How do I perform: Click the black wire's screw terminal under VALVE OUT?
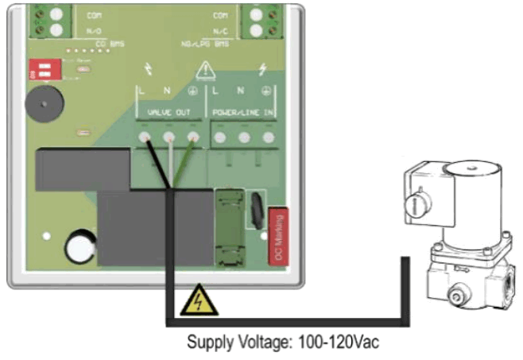coord(146,138)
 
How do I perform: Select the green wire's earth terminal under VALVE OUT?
coord(192,138)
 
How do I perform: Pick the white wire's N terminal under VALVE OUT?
coord(169,138)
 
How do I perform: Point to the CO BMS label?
coord(110,45)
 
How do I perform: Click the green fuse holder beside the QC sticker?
coord(228,227)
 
